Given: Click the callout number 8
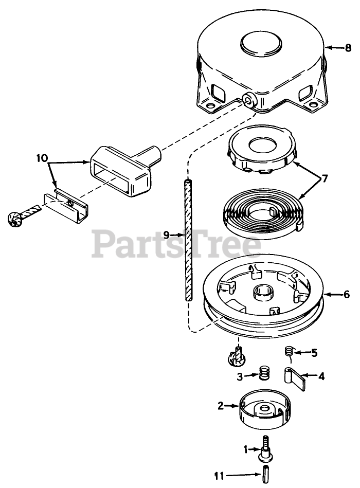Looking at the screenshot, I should [x=348, y=48].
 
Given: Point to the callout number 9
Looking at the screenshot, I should [x=167, y=234].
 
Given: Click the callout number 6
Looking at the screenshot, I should [x=346, y=295].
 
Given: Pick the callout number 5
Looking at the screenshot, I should [x=314, y=353].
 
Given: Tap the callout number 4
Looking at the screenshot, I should [x=321, y=376].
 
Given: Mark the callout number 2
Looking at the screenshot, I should [x=220, y=406].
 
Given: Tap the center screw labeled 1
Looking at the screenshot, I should [x=266, y=447].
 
